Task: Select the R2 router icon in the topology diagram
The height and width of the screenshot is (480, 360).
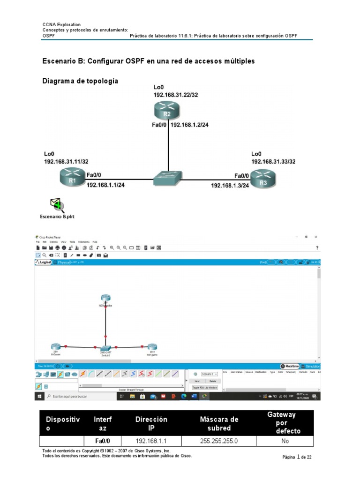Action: [166, 111]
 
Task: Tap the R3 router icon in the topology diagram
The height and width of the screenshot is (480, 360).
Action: [263, 179]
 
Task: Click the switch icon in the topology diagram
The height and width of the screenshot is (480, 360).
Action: [167, 177]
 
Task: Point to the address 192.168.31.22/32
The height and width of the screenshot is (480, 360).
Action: [176, 95]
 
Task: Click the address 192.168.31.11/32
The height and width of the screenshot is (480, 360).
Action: [66, 161]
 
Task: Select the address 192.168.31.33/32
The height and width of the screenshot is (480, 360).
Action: [273, 161]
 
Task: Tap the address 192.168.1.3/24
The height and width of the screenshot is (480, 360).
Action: [230, 186]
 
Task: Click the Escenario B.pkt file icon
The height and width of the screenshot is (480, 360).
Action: [57, 205]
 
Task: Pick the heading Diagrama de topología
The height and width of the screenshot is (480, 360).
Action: [80, 81]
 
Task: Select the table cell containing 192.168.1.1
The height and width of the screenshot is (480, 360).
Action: [151, 441]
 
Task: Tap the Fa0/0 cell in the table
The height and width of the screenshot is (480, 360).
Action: [103, 441]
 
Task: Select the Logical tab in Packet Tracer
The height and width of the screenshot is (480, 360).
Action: [44, 262]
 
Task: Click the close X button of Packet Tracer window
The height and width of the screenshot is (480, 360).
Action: [316, 237]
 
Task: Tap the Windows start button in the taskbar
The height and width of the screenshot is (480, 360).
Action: [39, 397]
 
